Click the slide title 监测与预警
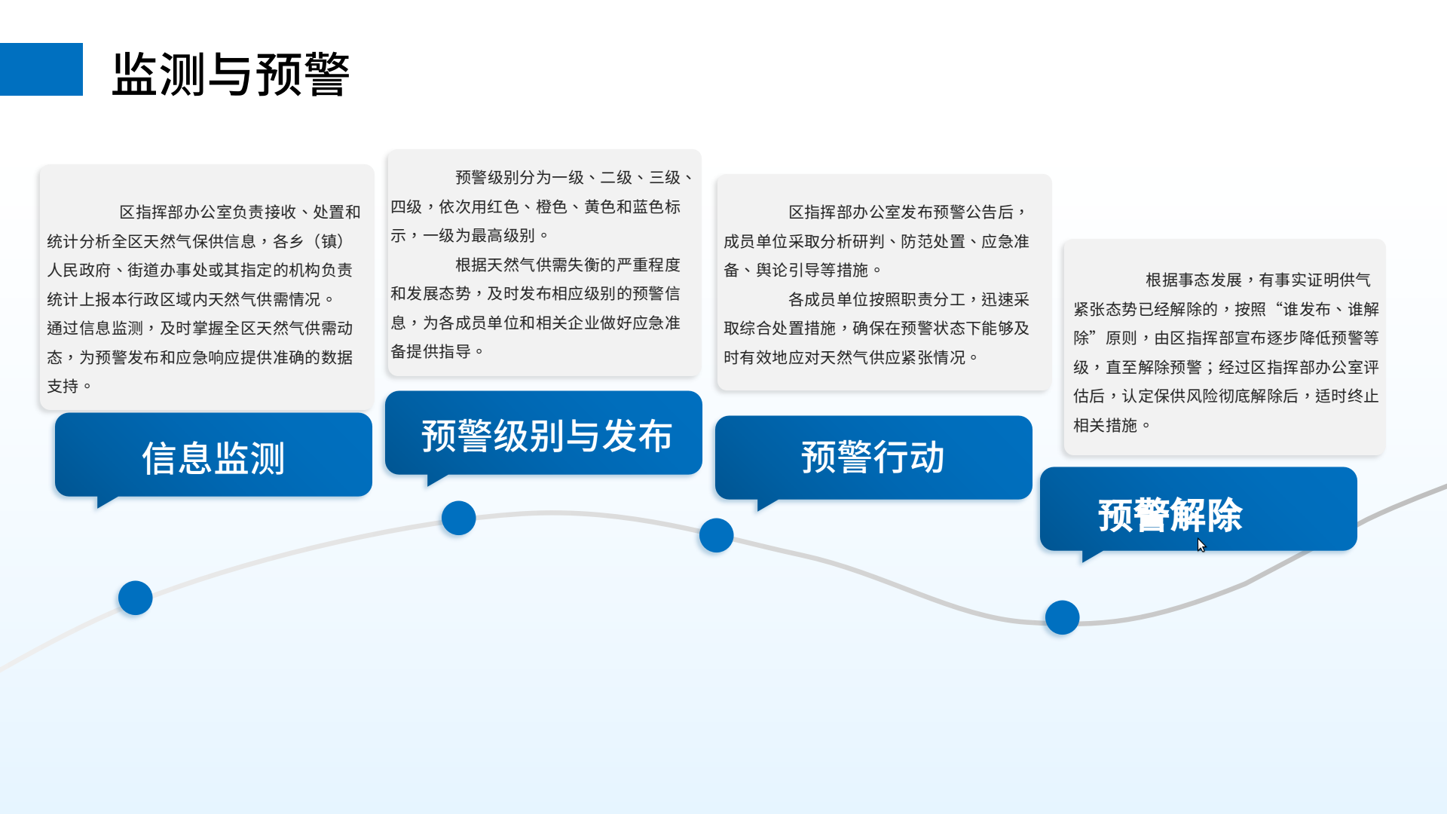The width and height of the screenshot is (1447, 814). coord(231,74)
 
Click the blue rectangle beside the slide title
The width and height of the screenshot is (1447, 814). coord(41,69)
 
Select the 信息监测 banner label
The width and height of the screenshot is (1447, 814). coord(213,458)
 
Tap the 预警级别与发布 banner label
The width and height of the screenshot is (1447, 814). coord(546,436)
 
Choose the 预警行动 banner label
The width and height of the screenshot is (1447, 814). coord(873,457)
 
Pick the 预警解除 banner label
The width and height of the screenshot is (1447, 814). coord(1170,516)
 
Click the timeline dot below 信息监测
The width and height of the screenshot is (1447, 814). coord(136,598)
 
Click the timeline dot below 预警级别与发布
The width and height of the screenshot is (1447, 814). coord(458,518)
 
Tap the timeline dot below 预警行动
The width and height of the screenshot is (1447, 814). coord(716,535)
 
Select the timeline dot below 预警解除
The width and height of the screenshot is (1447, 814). coord(1062,617)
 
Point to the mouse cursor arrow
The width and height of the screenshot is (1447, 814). coord(1201,544)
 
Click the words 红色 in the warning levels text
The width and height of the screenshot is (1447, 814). coord(503,207)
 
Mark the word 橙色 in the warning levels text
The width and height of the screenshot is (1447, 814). coord(551,207)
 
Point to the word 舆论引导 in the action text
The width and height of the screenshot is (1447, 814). coord(788,270)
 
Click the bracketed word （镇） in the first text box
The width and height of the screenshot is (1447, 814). coord(329,241)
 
